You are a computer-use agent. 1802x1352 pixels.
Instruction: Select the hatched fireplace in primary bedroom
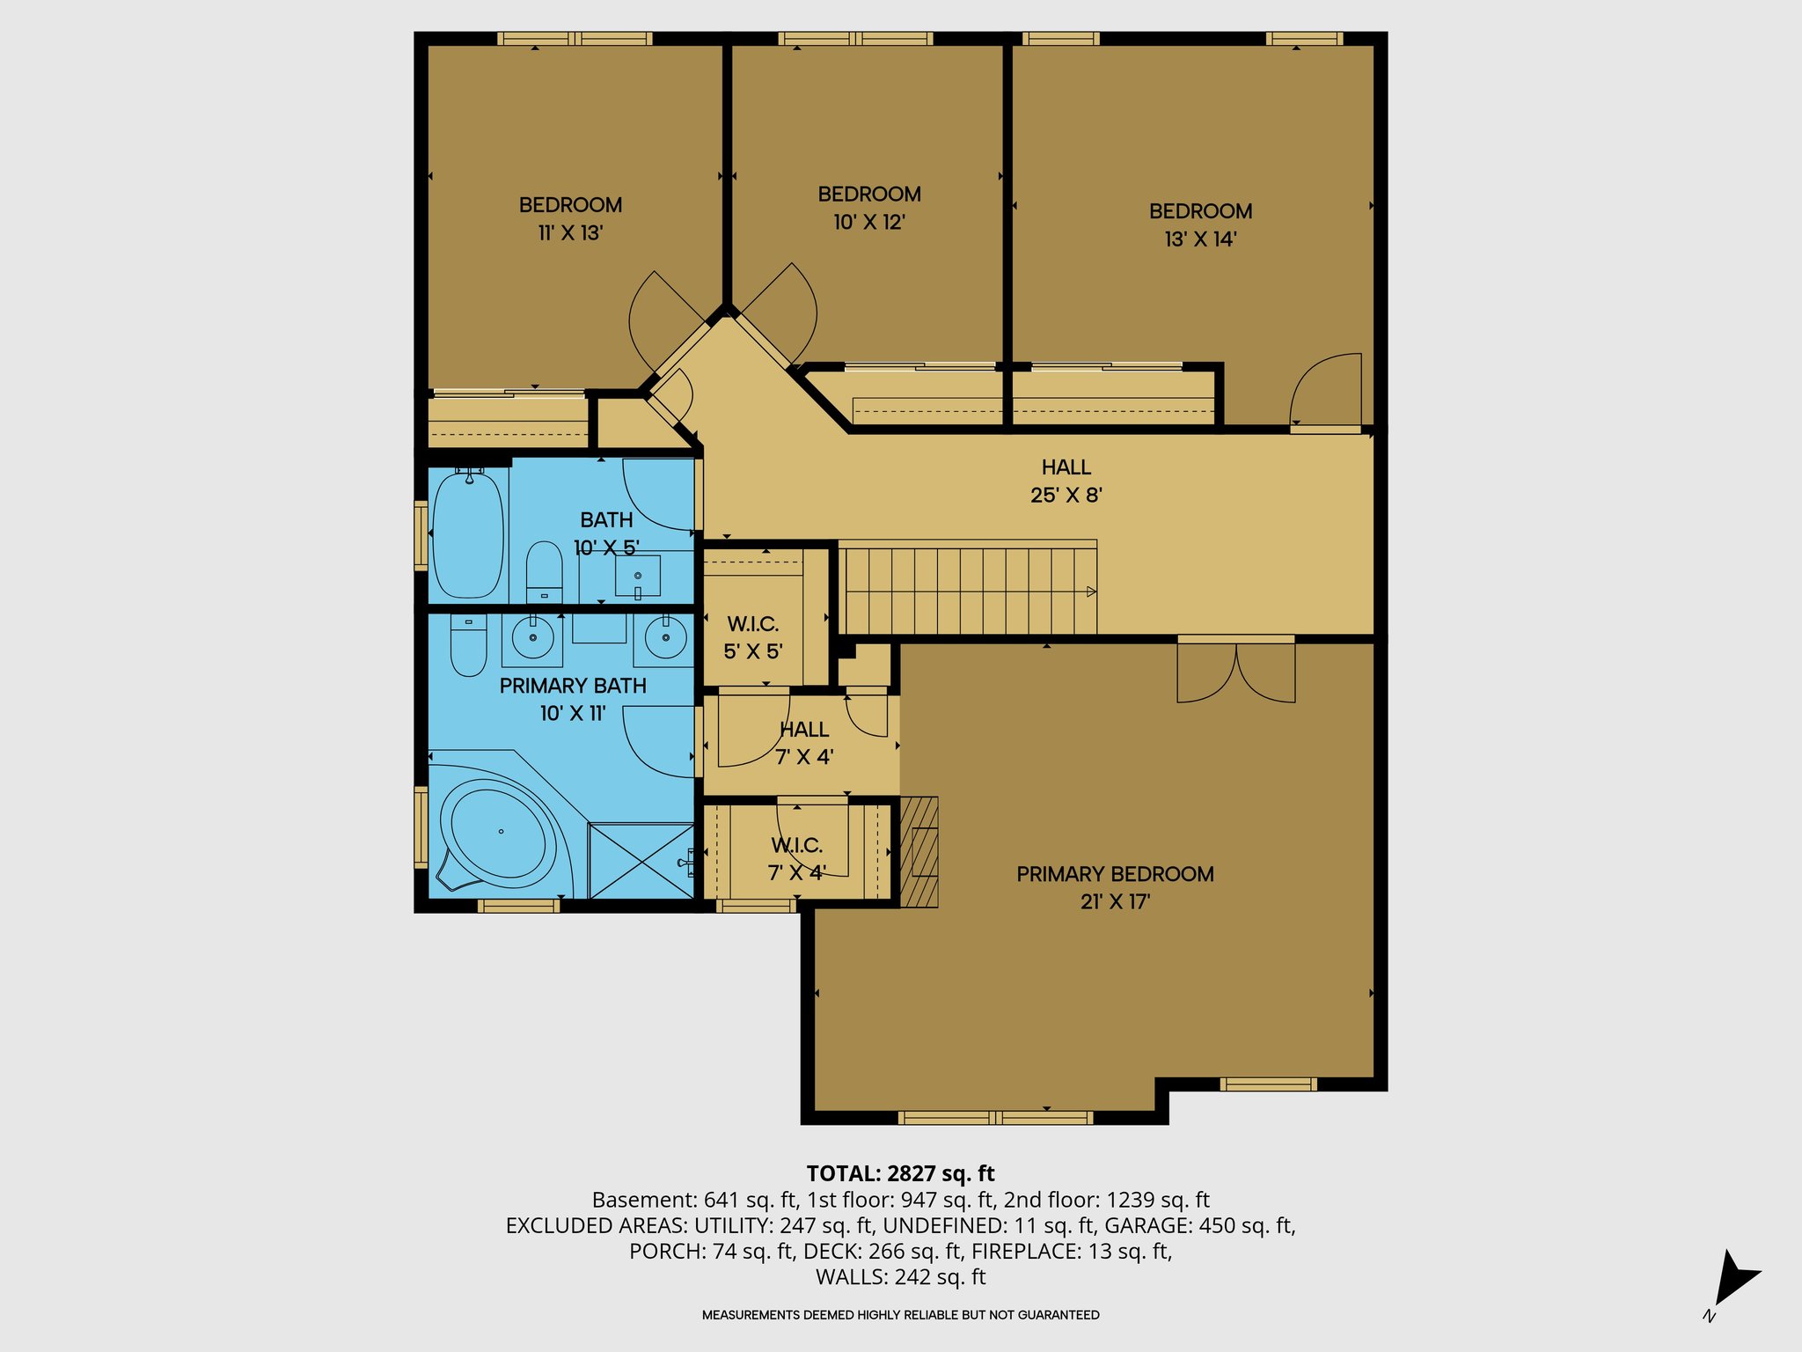[919, 851]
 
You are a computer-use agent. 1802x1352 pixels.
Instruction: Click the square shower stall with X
[641, 861]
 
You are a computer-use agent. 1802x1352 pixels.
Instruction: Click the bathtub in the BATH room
[469, 535]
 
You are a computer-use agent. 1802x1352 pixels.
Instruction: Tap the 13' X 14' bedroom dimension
[1200, 239]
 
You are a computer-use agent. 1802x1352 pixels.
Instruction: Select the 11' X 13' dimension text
[570, 233]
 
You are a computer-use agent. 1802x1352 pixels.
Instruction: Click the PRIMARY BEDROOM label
[1115, 874]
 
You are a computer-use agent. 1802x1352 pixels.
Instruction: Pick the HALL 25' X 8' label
[1066, 481]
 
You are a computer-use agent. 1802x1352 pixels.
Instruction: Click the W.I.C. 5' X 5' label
[753, 638]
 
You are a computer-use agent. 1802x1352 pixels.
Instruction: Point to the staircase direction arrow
[1090, 591]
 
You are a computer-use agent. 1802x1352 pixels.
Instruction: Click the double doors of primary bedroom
[1236, 673]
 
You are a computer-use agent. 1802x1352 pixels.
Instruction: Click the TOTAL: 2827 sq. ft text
[900, 1173]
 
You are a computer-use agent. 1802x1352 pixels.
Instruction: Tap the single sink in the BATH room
[638, 577]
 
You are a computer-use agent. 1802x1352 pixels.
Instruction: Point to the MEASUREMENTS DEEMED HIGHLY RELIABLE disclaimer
[900, 1315]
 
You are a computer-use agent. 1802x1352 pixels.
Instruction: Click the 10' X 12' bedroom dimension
[869, 223]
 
